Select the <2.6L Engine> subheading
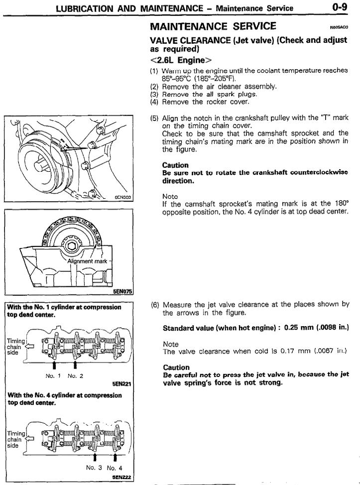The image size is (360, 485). pyautogui.click(x=177, y=61)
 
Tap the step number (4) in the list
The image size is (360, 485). pyautogui.click(x=154, y=102)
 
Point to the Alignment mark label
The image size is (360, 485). pyautogui.click(x=88, y=261)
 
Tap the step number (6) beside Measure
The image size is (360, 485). pyautogui.click(x=154, y=304)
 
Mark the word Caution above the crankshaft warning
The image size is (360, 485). pyautogui.click(x=175, y=165)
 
